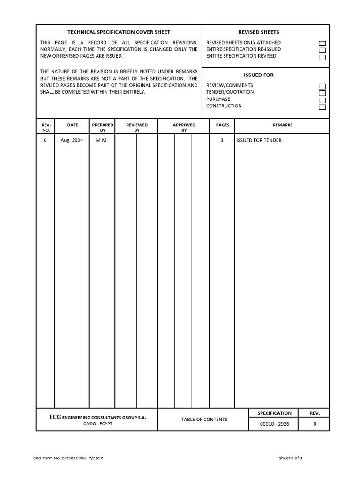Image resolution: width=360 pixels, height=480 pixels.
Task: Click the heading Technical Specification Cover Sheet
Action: coord(119,32)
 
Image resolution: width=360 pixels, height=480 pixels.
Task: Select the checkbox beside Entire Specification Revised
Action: coord(322,58)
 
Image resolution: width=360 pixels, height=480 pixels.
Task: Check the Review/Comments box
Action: coord(322,87)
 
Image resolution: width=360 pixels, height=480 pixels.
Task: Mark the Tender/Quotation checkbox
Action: coord(322,93)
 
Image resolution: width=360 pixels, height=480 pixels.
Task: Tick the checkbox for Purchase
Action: coord(322,100)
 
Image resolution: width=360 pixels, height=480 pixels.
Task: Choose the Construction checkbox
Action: coord(322,107)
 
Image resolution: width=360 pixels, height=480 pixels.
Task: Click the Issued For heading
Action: coord(258,75)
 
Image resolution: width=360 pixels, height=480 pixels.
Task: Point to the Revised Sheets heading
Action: coord(258,32)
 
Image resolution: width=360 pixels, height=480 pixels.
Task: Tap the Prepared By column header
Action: coord(102,127)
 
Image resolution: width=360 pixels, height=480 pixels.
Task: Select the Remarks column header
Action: coord(282,125)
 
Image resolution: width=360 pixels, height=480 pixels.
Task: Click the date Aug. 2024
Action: coord(72,140)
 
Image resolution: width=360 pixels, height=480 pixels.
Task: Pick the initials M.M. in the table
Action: coord(102,140)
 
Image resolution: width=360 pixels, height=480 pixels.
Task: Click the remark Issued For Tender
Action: coord(259,140)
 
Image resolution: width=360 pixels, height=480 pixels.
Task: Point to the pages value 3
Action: coord(222,140)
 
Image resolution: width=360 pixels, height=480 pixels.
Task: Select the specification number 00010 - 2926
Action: coord(274,424)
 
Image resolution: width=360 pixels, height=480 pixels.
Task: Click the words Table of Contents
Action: coord(204,420)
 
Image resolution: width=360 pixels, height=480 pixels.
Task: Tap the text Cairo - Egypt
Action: coord(97,424)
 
